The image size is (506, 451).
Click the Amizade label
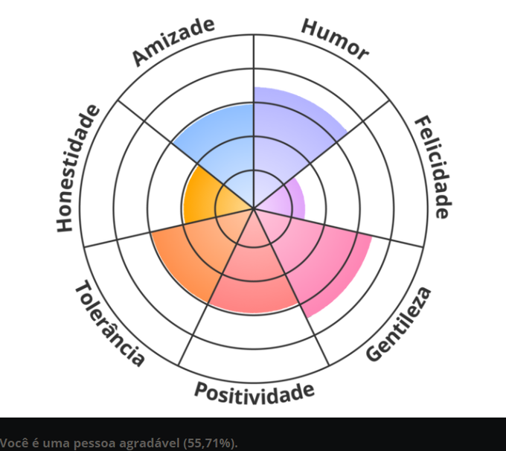pos(173,42)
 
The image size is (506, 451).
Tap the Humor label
pos(335,39)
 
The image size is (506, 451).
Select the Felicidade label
pos(432,167)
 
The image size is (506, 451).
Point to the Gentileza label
pos(398,324)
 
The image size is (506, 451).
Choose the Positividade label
pos(254,392)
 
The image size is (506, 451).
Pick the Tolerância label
pos(109,324)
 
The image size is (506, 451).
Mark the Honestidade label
pos(78,167)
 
